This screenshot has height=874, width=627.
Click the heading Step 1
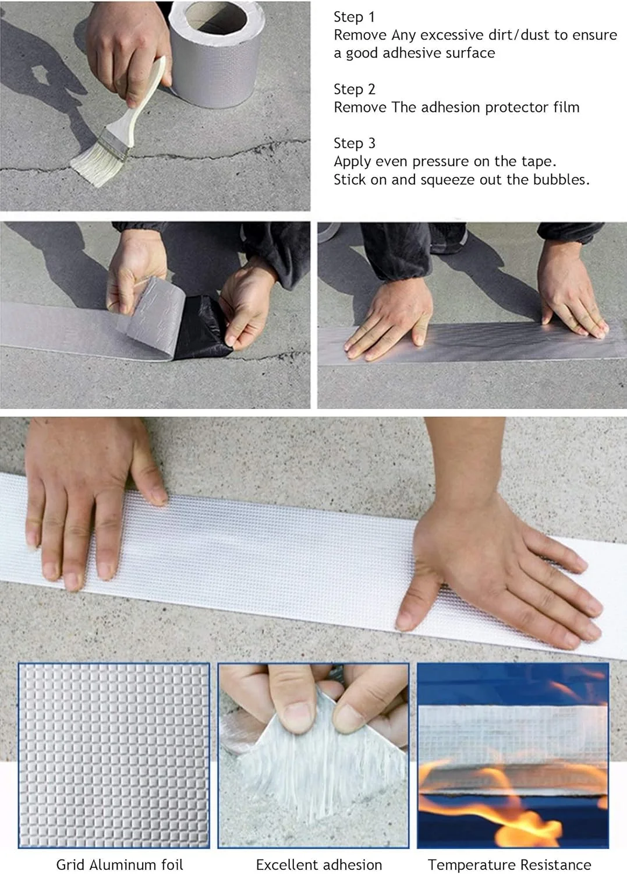[354, 17]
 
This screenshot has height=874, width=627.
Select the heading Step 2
[355, 89]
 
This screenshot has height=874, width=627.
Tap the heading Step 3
[355, 143]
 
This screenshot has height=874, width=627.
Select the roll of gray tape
[217, 55]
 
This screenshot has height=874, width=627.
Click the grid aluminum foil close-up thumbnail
[114, 755]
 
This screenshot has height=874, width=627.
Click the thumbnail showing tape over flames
[513, 755]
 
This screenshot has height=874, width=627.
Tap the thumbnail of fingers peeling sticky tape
[313, 755]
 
